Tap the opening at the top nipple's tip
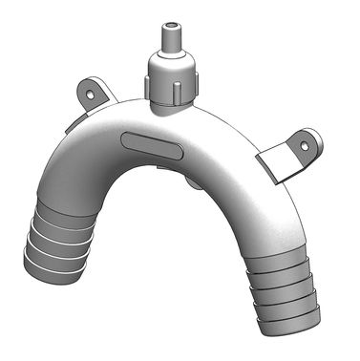pyautogui.click(x=171, y=20)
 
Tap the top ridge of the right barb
pyautogui.click(x=283, y=253)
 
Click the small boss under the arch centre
pyautogui.click(x=192, y=179)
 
